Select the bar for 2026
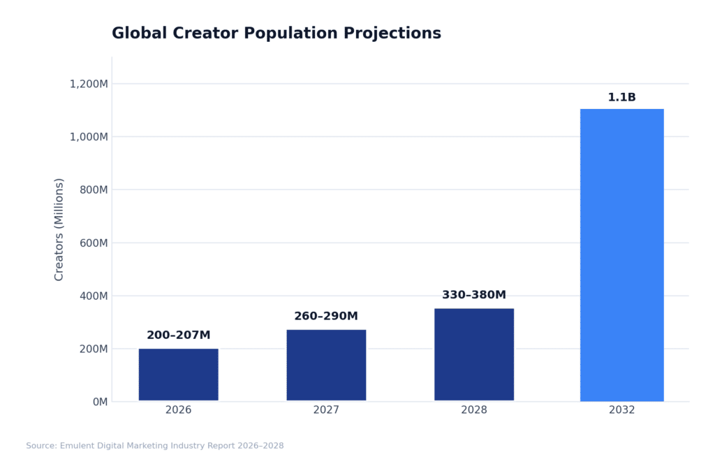pos(178,375)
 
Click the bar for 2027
pos(326,365)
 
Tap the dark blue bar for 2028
pos(473,354)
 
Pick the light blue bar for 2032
pos(621,255)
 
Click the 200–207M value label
pos(178,336)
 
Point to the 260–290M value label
pos(326,317)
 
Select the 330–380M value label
pos(473,295)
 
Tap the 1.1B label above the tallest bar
pos(621,97)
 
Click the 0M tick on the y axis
pos(100,402)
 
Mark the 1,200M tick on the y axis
pos(89,84)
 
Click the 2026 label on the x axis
pos(178,410)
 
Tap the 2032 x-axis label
pos(621,410)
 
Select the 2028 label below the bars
pos(473,410)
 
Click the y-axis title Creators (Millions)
pos(59,229)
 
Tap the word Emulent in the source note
pos(77,446)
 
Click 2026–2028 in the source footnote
pos(261,446)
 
